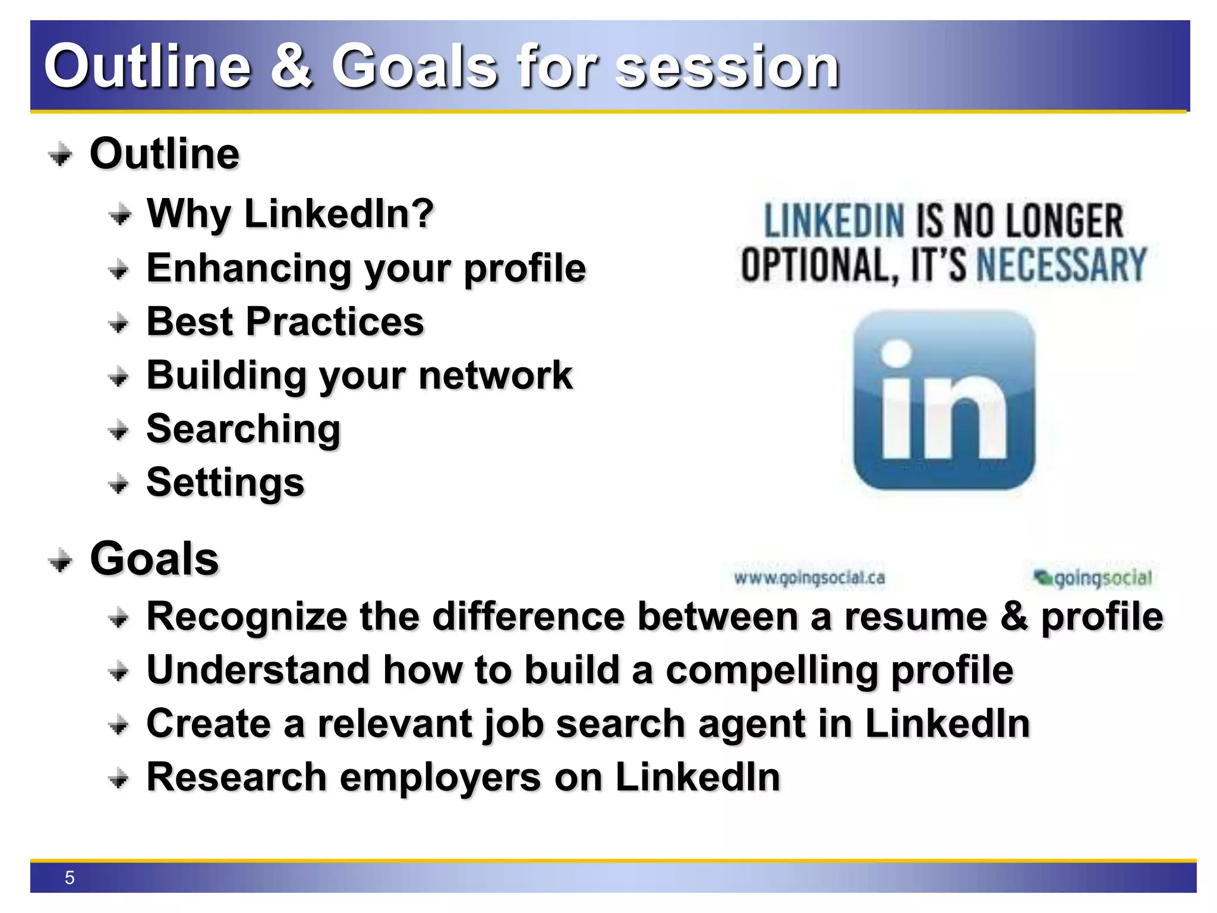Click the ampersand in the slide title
coord(291,67)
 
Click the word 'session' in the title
coord(727,67)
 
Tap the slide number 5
coord(70,878)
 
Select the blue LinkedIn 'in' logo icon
coord(944,400)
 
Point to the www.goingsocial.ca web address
coord(809,578)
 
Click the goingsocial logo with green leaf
coord(1093,577)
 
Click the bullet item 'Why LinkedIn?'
coord(290,214)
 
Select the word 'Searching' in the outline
coord(244,429)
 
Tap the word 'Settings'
coord(225,482)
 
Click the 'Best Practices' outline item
coord(285,322)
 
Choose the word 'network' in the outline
coord(496,376)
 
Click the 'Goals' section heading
coord(155,559)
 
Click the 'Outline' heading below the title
coord(165,154)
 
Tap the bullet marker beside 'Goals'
coord(60,560)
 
